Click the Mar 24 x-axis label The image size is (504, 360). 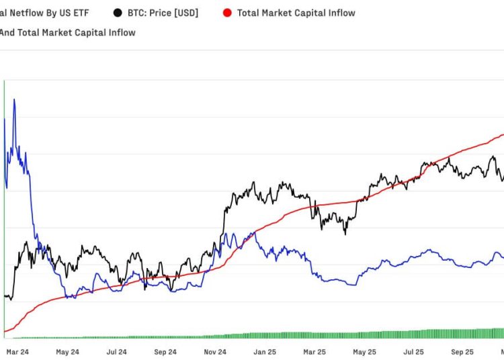click(17, 351)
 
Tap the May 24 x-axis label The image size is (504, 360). click(67, 351)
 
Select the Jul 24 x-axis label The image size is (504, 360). click(117, 351)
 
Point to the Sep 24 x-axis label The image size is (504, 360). click(165, 351)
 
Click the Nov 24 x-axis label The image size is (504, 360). click(215, 351)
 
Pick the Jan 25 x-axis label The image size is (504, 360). click(265, 351)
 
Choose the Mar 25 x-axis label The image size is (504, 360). click(314, 351)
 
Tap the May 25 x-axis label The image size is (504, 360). click(364, 351)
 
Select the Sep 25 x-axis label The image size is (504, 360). click(462, 351)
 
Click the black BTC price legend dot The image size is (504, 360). click(118, 13)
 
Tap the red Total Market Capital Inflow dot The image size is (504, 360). click(227, 13)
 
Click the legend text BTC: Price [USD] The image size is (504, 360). click(163, 13)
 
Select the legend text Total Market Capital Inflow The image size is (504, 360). click(296, 13)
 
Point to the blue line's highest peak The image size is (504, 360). click(14, 100)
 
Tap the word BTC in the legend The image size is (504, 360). click(136, 13)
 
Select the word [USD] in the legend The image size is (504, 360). click(185, 13)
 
